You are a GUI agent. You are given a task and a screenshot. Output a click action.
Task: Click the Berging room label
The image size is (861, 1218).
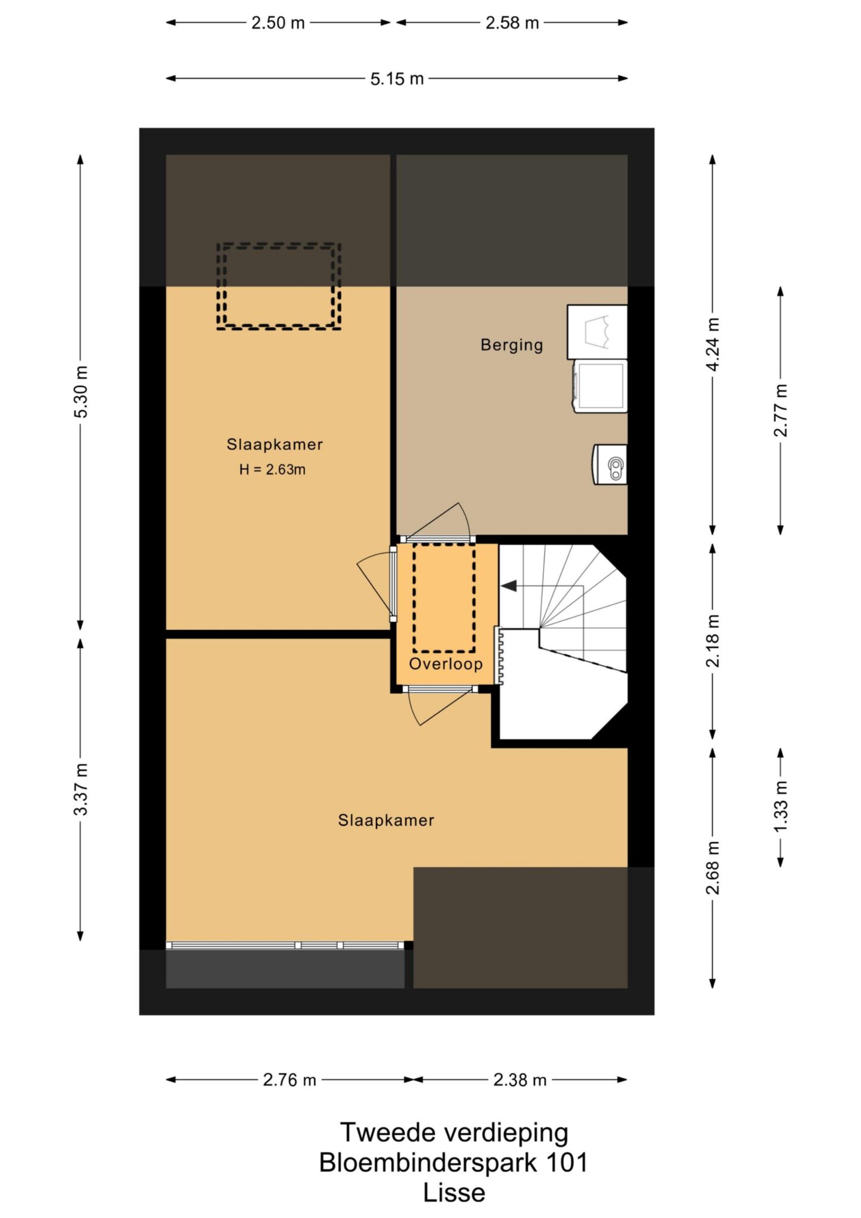tap(511, 345)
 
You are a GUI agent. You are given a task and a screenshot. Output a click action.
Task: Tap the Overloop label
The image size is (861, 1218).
tap(445, 664)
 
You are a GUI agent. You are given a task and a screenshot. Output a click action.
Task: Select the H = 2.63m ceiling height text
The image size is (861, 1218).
tap(272, 469)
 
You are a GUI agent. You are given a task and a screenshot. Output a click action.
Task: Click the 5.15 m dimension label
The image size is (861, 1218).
tap(397, 79)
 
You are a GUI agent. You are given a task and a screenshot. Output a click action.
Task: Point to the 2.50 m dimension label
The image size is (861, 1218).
tap(278, 23)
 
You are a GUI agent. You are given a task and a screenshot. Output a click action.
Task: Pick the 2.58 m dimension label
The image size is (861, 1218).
tap(512, 23)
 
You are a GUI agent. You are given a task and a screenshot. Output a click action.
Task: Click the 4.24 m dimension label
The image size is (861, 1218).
tap(713, 344)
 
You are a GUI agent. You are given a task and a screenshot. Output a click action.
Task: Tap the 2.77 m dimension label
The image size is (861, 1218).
tap(781, 410)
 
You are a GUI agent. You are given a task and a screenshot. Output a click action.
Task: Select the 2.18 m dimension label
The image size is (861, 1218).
tap(713, 641)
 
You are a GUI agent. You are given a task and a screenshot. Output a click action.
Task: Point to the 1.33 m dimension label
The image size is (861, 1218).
tap(781, 807)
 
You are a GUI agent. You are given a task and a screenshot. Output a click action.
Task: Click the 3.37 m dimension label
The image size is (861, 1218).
tap(81, 789)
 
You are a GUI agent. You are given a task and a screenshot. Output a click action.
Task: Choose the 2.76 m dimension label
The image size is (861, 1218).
tap(290, 1079)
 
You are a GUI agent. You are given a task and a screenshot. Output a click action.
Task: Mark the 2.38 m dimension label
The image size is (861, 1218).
tap(520, 1079)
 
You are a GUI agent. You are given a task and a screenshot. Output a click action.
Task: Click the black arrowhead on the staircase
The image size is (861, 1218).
tap(509, 586)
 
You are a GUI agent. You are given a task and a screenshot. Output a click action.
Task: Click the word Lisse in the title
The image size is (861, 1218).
tap(454, 1192)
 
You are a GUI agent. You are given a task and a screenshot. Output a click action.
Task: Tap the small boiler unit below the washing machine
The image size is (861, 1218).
tap(610, 464)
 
